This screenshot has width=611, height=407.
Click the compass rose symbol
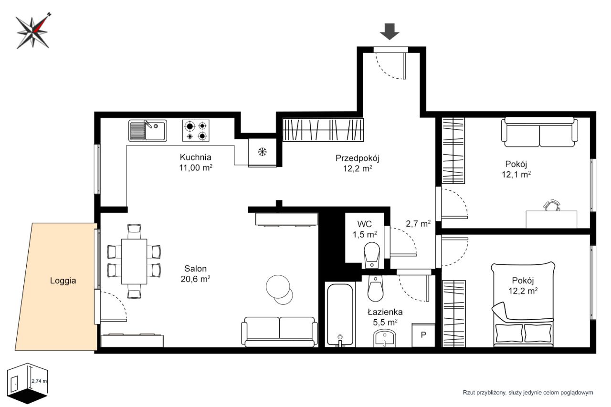33,31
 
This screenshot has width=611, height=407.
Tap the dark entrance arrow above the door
390,31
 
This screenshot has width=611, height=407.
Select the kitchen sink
147,131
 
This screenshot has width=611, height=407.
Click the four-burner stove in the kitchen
196,131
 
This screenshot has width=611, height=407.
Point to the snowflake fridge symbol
262,152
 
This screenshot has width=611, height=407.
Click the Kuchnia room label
196,157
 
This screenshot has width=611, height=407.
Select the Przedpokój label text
358,158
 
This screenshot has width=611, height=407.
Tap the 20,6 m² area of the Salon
195,279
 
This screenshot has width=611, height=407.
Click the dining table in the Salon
134,261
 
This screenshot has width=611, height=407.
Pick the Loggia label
63,281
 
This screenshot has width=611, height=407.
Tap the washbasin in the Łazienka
385,338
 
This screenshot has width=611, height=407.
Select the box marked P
423,335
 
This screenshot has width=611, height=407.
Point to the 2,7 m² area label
418,224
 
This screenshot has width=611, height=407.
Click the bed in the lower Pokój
523,304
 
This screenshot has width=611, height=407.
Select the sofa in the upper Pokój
539,132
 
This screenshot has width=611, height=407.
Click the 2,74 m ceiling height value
39,381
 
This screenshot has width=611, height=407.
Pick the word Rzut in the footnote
469,393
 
